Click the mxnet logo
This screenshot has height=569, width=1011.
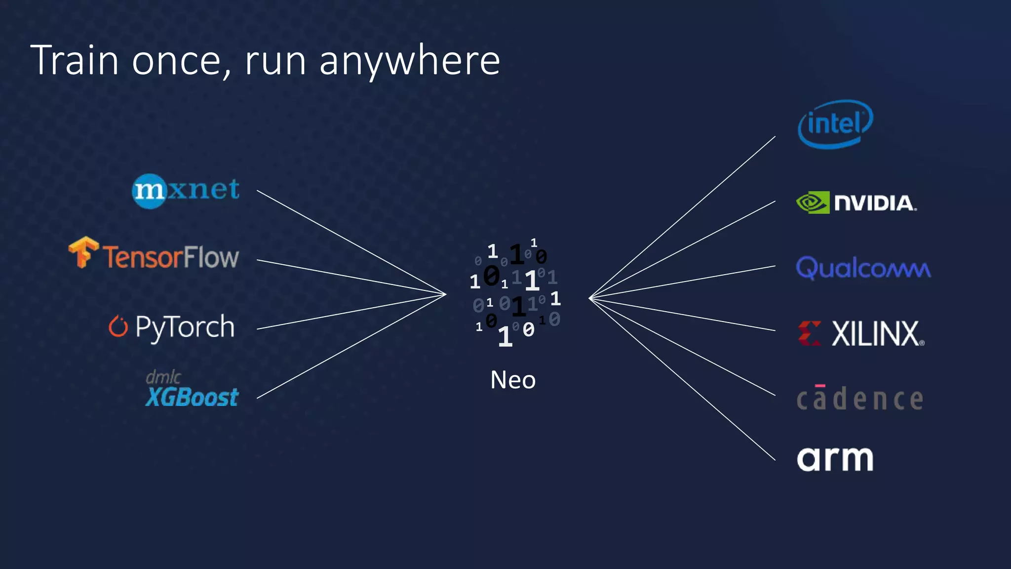click(186, 191)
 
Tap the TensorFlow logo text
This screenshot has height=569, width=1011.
click(171, 257)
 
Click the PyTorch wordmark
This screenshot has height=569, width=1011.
click(185, 327)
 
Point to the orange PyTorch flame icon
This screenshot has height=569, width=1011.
click(118, 326)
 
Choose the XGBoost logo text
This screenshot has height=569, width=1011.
click(192, 397)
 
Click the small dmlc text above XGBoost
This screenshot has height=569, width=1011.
click(163, 377)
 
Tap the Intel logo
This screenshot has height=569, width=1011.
click(835, 124)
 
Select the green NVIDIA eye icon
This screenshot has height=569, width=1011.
click(813, 203)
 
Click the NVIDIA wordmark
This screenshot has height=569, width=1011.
click(875, 203)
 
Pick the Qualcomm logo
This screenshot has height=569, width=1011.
click(863, 268)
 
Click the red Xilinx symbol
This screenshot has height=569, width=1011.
click(810, 333)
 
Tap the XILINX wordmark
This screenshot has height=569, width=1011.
click(878, 334)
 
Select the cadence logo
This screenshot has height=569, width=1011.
click(859, 398)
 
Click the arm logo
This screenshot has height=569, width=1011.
click(835, 459)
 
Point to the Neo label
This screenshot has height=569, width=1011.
click(513, 380)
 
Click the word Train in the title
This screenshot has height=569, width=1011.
click(75, 60)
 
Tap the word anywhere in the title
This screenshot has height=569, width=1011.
click(410, 61)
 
